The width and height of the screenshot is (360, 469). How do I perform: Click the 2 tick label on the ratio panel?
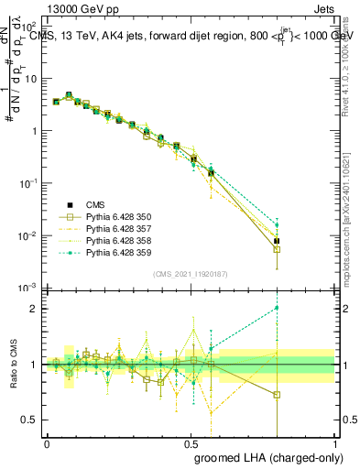[35, 309]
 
